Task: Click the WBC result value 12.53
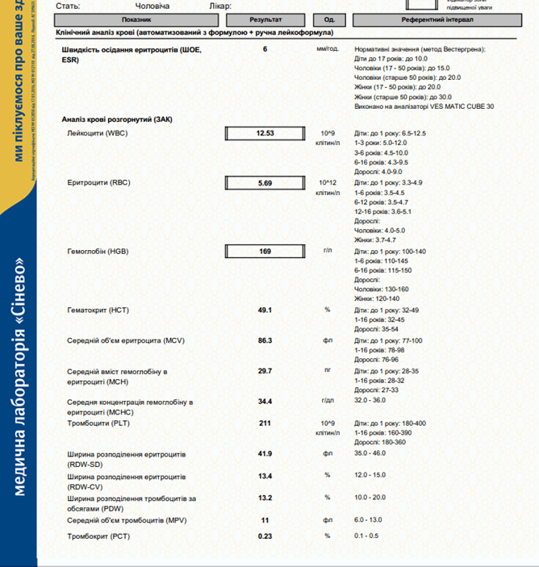(265, 133)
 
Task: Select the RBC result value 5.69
(265, 183)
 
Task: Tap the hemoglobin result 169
(265, 252)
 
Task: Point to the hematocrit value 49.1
(265, 310)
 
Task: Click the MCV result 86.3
(265, 340)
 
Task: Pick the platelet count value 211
(265, 423)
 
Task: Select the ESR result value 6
(265, 50)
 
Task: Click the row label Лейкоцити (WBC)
(98, 133)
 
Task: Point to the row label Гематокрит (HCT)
(98, 310)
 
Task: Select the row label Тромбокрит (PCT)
(98, 536)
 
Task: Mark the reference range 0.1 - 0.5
(367, 536)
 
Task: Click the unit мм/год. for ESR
(328, 50)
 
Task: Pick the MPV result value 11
(265, 520)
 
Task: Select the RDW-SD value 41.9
(265, 454)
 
